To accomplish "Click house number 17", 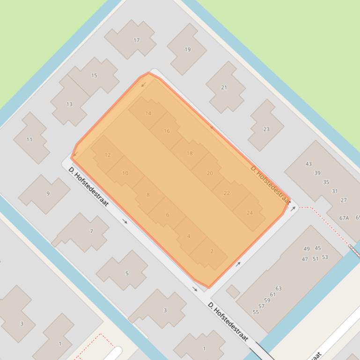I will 136,40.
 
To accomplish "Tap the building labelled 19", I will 187,49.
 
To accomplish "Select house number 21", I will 224,87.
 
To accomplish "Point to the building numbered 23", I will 266,129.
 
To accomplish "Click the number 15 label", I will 94,75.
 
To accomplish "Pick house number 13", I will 69,104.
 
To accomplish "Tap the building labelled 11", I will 29,139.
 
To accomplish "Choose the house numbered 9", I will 48,194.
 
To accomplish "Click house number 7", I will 91,231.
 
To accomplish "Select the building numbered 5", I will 126,273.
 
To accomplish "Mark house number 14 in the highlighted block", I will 148,113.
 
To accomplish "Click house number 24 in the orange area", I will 250,213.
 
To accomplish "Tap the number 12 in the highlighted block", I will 108,155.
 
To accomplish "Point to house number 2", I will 212,251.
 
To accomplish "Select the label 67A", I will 344,218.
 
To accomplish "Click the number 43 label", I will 309,164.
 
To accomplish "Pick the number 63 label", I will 279,288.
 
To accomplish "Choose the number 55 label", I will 256,312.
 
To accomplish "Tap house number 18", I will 190,153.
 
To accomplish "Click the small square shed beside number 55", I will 233,292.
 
